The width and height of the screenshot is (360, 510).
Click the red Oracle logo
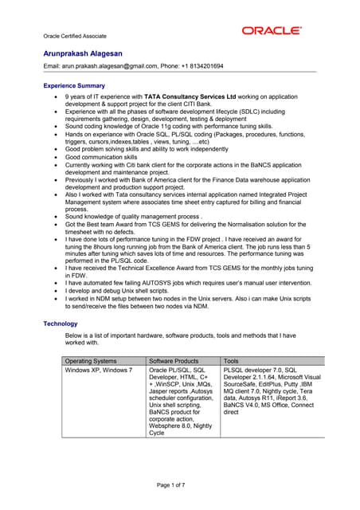point(272,31)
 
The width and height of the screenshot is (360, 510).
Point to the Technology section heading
point(61,324)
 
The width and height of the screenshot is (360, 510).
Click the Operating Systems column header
point(91,361)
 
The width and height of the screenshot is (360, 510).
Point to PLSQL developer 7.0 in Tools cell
point(254,371)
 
